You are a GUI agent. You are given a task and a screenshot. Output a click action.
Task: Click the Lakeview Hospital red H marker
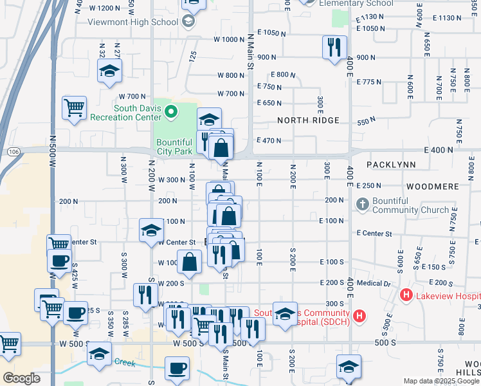pyautogui.click(x=406, y=295)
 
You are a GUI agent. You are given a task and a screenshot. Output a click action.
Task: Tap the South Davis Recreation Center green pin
pyautogui.click(x=170, y=113)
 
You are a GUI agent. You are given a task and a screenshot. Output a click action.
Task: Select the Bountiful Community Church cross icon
pyautogui.click(x=362, y=205)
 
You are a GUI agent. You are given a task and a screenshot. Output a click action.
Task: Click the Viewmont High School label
pyautogui.click(x=134, y=22)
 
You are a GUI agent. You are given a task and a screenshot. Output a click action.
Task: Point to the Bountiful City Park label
pyautogui.click(x=174, y=147)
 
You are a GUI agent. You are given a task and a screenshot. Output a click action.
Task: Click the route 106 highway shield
pyautogui.click(x=14, y=151)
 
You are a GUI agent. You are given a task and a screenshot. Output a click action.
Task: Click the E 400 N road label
pyautogui.click(x=438, y=150)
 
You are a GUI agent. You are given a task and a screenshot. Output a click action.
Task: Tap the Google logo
pyautogui.click(x=21, y=378)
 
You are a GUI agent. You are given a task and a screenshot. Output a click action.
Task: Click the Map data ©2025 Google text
pyautogui.click(x=440, y=381)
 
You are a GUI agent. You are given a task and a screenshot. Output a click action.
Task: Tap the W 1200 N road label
pyautogui.click(x=104, y=8)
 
